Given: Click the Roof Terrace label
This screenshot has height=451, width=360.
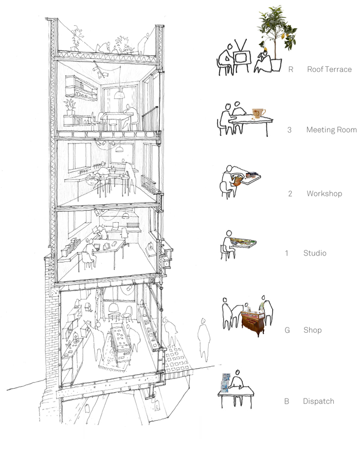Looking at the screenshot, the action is (329, 69).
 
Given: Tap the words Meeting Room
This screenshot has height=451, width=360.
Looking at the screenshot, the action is (332, 130).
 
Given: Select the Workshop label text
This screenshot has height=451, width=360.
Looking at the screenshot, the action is (325, 193).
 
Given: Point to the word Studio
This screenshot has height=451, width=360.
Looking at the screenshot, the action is (315, 253).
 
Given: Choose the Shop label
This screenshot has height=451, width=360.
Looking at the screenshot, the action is (313, 330).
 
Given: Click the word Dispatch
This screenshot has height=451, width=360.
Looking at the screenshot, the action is (318, 401).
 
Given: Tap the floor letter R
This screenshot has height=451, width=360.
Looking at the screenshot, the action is (291, 69).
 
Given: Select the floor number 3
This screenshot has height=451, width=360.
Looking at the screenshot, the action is (290, 130).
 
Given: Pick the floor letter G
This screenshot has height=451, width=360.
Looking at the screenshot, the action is (287, 330).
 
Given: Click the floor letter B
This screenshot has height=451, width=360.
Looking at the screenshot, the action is (286, 401).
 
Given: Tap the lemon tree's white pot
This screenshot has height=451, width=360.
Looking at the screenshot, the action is (276, 65).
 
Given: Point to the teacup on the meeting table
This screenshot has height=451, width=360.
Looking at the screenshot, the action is (259, 113).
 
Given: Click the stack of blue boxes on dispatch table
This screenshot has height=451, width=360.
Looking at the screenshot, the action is (225, 383).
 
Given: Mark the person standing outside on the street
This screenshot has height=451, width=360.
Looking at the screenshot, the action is (204, 340).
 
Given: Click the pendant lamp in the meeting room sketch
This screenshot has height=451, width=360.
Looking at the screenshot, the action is (119, 95).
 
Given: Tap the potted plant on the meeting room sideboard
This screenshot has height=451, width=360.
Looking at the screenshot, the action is (70, 107).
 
